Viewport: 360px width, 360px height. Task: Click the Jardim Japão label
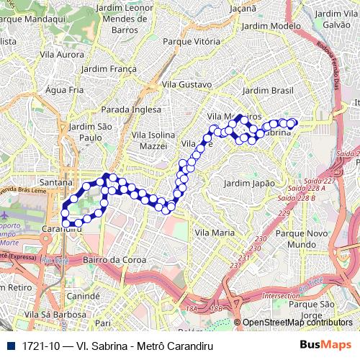(249, 183)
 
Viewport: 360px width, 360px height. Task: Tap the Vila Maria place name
(215, 233)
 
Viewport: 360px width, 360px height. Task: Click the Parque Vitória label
(192, 41)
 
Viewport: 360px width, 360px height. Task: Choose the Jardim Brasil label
(265, 91)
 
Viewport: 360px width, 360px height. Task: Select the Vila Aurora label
(62, 54)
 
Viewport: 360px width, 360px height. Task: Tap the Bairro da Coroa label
(110, 259)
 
